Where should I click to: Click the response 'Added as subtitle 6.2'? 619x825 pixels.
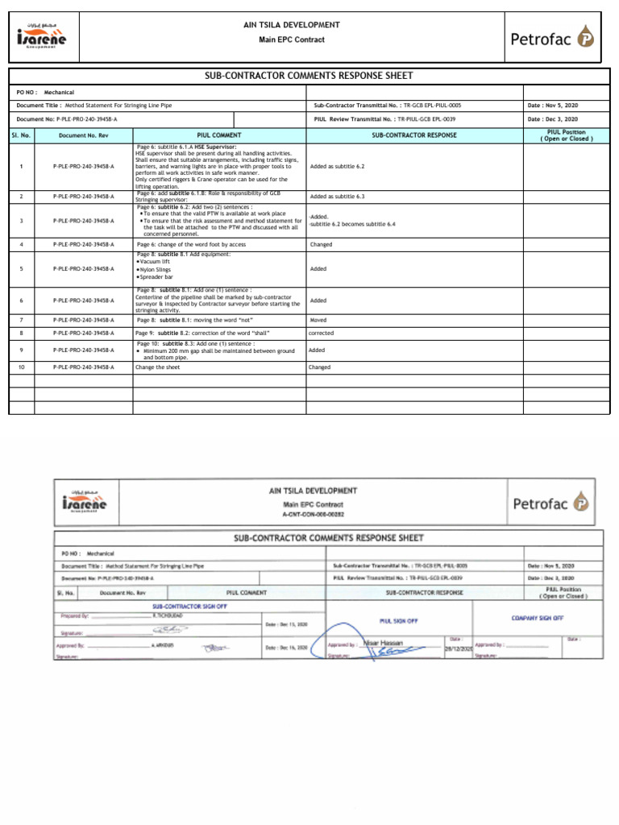coord(337,166)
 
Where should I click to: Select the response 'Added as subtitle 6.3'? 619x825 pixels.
coord(337,196)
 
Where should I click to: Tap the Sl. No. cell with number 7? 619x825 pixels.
coord(22,320)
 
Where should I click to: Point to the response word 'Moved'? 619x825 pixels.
coord(318,320)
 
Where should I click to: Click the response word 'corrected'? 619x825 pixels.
coord(321,333)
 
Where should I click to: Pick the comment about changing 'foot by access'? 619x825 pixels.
coord(191,243)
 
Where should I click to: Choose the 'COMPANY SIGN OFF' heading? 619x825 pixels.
coord(538,617)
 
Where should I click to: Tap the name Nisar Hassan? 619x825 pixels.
coord(377,642)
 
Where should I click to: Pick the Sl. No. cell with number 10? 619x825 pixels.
coord(22,367)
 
